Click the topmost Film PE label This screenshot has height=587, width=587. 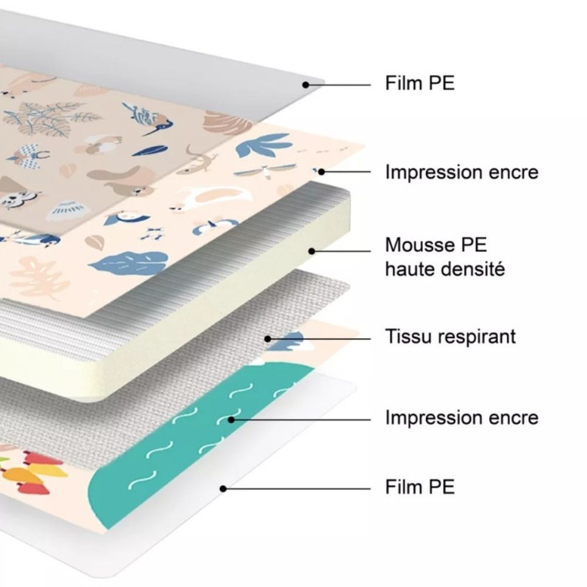point(420,83)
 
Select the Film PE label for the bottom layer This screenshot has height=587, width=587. point(420,487)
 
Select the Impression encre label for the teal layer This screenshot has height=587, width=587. point(462,417)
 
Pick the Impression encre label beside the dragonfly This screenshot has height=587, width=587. point(462,172)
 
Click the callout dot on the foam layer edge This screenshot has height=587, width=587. point(312,251)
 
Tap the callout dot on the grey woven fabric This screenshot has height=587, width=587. point(268,339)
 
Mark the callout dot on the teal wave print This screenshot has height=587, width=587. point(231,420)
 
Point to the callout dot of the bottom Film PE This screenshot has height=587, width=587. point(223,488)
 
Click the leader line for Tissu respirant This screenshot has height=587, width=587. point(319,339)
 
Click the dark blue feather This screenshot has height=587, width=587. point(149,151)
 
